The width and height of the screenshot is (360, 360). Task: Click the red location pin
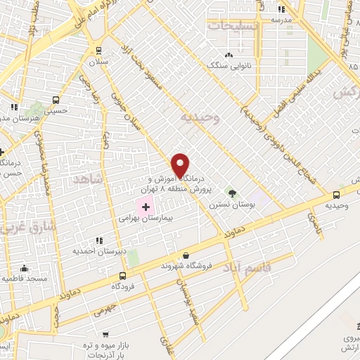pyautogui.click(x=181, y=165)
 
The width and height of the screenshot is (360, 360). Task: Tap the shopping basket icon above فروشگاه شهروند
pyautogui.click(x=185, y=255)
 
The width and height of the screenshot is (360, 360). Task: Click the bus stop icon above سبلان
pyautogui.click(x=98, y=50)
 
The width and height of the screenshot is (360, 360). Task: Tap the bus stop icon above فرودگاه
pyautogui.click(x=123, y=275)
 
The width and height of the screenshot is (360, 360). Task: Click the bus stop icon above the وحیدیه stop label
pyautogui.click(x=336, y=194)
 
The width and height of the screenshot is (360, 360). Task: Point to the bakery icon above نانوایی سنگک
pyautogui.click(x=228, y=54)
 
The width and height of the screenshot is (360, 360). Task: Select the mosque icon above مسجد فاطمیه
pyautogui.click(x=24, y=267)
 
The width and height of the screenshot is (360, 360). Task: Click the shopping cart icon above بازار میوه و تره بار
pyautogui.click(x=105, y=335)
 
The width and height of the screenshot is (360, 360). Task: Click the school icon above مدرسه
pyautogui.click(x=282, y=9)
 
